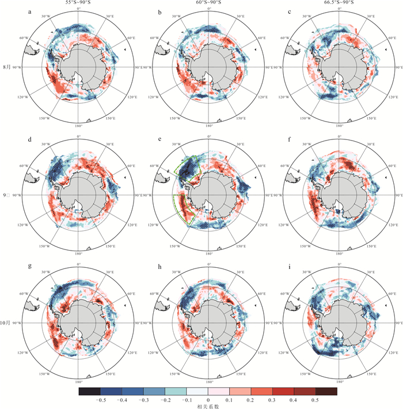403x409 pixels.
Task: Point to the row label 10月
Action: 7,323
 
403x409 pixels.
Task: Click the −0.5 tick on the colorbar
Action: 102,399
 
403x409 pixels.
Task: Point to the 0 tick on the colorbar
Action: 208,399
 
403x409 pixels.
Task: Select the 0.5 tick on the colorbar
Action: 314,399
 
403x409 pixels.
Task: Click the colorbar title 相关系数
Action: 208,406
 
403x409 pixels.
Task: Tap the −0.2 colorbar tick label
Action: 166,399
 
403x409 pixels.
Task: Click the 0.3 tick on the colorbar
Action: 272,399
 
